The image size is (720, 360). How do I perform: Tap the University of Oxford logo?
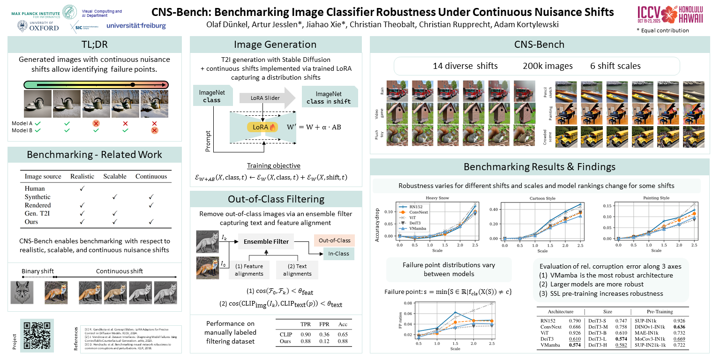click(x=38, y=26)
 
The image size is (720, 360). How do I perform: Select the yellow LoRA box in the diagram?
click(x=263, y=127)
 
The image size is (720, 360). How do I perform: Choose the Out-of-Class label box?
click(x=334, y=240)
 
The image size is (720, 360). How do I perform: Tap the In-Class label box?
click(x=338, y=254)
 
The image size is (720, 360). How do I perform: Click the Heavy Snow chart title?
click(x=438, y=198)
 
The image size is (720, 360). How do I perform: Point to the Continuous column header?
click(x=151, y=176)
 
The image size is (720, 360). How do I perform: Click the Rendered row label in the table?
click(x=38, y=205)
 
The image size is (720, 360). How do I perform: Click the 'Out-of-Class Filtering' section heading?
click(x=276, y=199)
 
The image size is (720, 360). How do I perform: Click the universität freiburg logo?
click(x=136, y=26)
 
